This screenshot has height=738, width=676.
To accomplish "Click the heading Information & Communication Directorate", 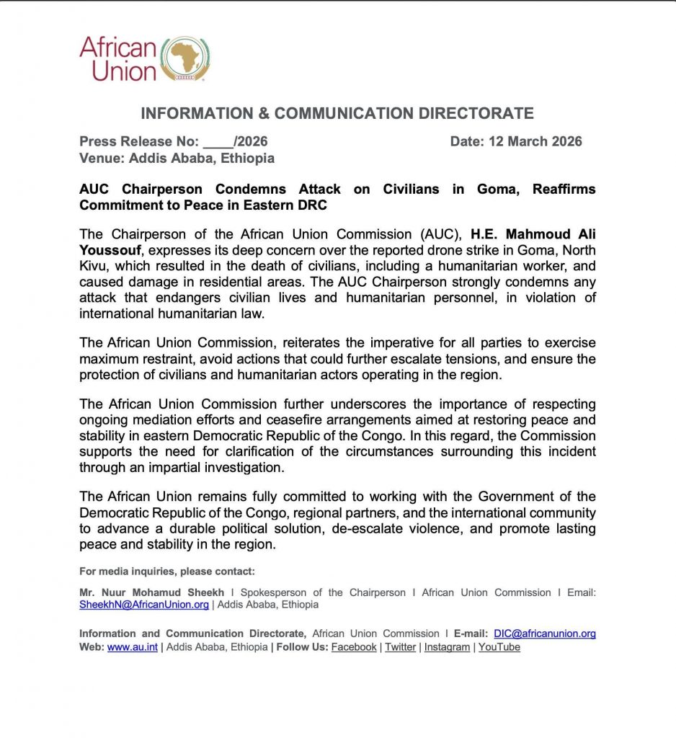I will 337,113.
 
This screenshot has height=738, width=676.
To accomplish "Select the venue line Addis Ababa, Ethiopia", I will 201,158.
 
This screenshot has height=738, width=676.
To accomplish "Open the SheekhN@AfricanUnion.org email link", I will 144,605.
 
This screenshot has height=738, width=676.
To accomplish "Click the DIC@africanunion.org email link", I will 545,633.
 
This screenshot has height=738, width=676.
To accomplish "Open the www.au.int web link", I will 133,647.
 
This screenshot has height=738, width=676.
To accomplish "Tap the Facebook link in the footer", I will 354,647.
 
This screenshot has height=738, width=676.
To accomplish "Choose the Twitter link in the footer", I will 400,647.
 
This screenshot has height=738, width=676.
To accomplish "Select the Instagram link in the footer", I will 447,647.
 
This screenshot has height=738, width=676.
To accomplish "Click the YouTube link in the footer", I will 499,647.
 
